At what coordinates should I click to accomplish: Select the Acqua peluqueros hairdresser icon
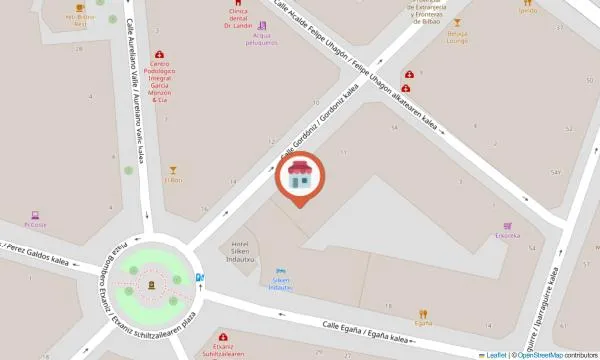coord(262,26)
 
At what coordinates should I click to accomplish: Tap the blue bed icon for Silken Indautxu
coord(281,270)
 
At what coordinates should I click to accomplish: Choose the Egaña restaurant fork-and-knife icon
coord(423,312)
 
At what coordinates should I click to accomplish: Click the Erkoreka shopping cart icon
coord(508,225)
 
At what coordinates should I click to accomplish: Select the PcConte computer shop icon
coord(35,214)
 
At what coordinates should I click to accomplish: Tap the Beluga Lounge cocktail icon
coord(457,23)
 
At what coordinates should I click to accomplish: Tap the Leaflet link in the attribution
coord(494,354)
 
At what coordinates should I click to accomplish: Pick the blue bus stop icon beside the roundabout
coord(199,278)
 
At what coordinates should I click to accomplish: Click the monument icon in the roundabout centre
coord(151,285)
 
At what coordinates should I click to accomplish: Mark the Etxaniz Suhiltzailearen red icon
coord(222,336)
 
